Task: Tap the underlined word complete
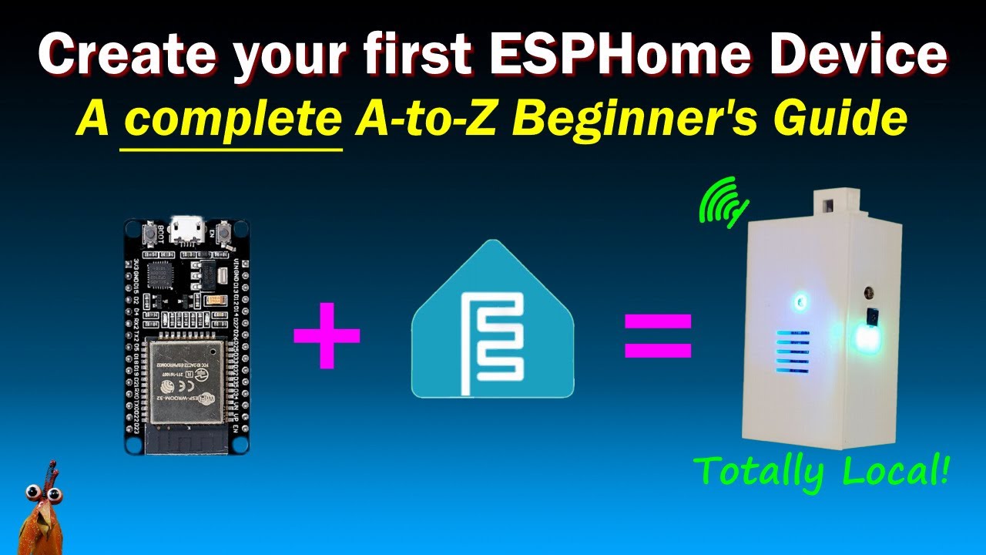point(232,121)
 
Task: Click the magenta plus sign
point(327,335)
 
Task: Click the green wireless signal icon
point(723,201)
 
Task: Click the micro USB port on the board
point(187,229)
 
